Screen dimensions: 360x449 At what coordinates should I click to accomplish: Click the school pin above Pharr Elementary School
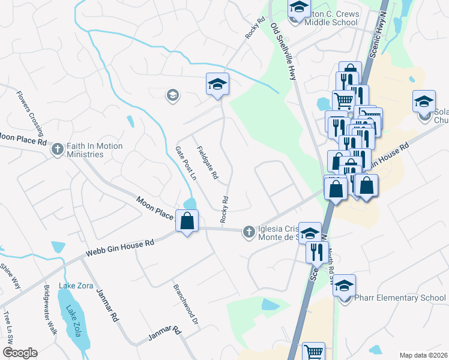(x=345, y=286)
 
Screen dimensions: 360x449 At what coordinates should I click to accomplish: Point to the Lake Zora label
(x=76, y=286)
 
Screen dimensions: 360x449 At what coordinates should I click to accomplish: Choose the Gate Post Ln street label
(x=185, y=163)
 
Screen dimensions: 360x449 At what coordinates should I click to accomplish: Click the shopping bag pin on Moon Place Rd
(x=187, y=221)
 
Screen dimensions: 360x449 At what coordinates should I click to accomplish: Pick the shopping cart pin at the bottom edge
(x=314, y=352)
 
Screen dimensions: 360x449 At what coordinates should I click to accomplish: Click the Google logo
(x=19, y=353)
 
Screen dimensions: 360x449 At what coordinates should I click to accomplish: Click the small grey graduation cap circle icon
(x=173, y=95)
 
